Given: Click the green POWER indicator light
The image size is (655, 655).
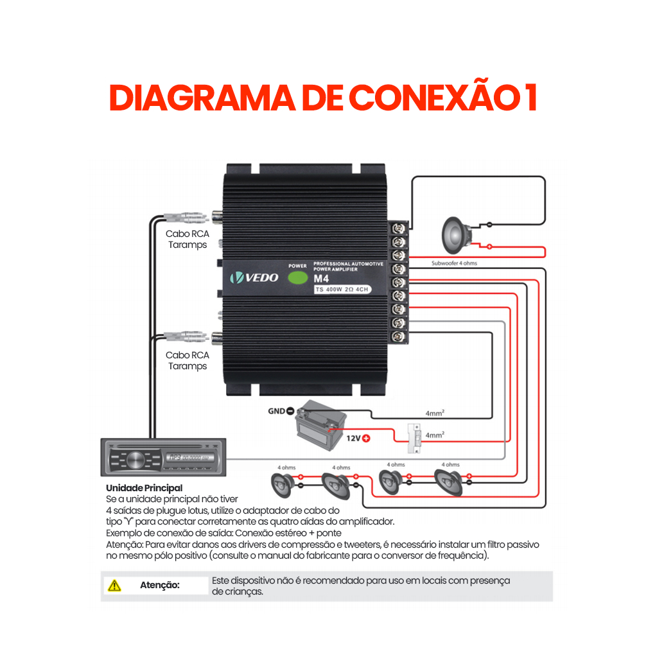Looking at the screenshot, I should coord(297,278).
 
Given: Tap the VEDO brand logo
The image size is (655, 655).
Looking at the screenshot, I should coord(255,277).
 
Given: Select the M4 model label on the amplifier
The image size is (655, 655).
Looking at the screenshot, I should coord(321,279).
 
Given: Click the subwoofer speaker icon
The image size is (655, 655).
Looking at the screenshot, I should coord(457,235).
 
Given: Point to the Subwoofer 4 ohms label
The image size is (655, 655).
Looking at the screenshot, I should coord(454,263).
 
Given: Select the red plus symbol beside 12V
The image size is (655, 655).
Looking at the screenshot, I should coord(367,439).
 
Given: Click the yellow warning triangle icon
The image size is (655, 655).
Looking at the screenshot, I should coord(114,585).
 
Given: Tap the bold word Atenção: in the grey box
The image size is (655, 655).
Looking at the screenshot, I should coord(160,585).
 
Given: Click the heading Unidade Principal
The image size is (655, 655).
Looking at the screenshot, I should coord(144,488).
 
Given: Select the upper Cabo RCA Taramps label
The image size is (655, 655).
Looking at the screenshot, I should coord(188,239).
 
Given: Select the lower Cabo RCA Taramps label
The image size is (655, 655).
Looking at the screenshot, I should coord(188,360).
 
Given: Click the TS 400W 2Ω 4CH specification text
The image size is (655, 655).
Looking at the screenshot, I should coord(342,290).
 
